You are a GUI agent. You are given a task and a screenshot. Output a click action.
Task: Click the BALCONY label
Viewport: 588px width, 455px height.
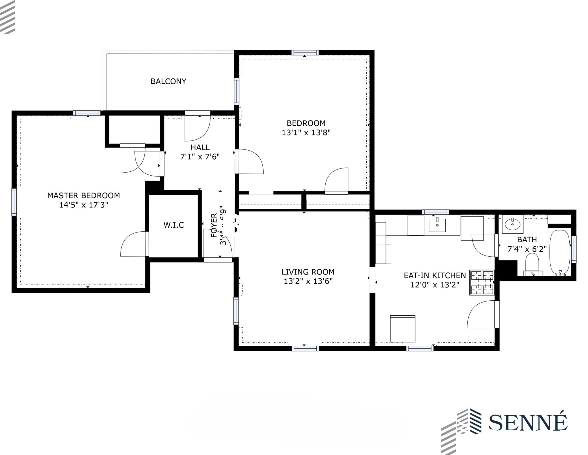pyautogui.click(x=168, y=81)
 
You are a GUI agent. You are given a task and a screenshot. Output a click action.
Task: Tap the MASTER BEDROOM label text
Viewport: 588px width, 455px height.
pyautogui.click(x=84, y=195)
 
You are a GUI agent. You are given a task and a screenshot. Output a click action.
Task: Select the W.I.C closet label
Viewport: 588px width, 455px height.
pyautogui.click(x=174, y=225)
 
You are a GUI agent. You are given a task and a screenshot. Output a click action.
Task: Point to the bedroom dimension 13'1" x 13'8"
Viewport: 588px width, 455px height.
pyautogui.click(x=306, y=133)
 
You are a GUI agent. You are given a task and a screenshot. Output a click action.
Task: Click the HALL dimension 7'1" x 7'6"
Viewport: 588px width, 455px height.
pyautogui.click(x=200, y=157)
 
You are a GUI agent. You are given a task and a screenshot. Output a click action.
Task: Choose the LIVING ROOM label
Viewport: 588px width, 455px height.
pyautogui.click(x=308, y=272)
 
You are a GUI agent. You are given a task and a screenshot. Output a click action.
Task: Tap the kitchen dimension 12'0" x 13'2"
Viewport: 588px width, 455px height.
pyautogui.click(x=435, y=285)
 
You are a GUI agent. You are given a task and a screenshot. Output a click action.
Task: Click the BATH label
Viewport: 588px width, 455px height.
pyautogui.click(x=527, y=239)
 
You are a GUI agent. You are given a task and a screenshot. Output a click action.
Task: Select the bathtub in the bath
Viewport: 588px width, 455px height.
pyautogui.click(x=560, y=252)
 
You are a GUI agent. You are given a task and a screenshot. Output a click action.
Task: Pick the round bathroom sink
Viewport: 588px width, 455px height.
pyautogui.click(x=512, y=224)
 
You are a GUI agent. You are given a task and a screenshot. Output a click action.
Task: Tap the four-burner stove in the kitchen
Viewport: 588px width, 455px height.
pyautogui.click(x=482, y=282)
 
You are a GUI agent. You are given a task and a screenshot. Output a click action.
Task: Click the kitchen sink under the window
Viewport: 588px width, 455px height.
pyautogui.click(x=437, y=225)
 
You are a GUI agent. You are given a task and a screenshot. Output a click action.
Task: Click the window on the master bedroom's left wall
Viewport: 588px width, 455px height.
pyautogui.click(x=14, y=202)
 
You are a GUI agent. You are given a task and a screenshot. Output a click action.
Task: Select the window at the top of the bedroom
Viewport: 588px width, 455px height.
pyautogui.click(x=305, y=53)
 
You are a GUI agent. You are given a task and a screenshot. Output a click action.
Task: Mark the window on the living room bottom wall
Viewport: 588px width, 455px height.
pyautogui.click(x=305, y=349)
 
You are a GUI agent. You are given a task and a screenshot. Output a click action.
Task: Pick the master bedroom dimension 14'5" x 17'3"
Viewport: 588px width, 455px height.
pyautogui.click(x=84, y=205)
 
